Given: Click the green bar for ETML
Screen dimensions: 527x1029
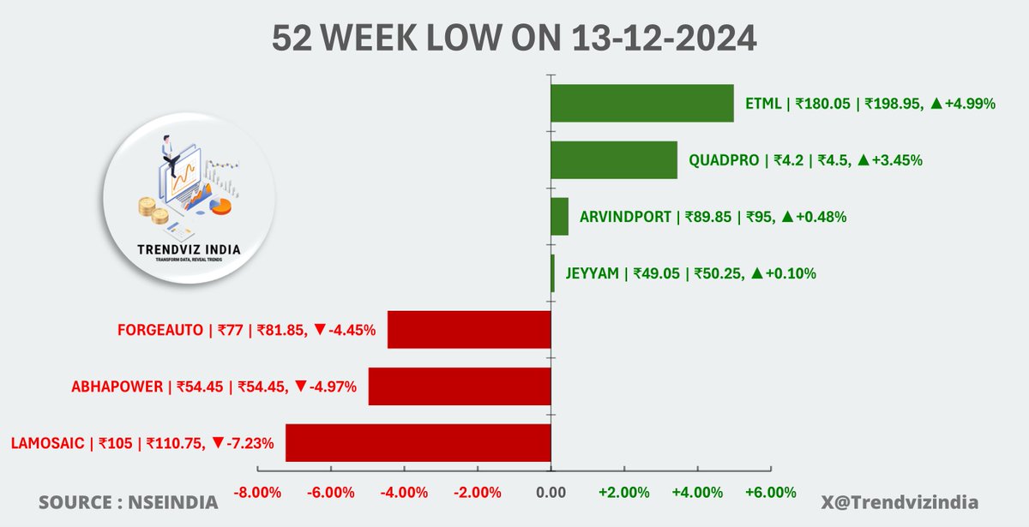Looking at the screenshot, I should point(641,104).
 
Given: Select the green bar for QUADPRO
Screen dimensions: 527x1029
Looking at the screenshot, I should point(613,160).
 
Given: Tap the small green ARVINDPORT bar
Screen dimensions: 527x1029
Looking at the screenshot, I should point(559,217).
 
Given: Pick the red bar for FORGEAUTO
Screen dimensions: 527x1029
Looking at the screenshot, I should point(468,330).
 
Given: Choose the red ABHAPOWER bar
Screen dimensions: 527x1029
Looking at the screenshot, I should point(459,386).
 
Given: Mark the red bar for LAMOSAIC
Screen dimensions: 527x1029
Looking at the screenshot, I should point(418,443).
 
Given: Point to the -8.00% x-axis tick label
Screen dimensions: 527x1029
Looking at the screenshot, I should point(258,493).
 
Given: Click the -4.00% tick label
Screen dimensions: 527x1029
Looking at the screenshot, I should point(405,493).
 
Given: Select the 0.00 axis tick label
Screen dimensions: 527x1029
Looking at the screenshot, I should point(551,493).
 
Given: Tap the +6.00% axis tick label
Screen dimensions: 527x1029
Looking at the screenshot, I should point(769,493).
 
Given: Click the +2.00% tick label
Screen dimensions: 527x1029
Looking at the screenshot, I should point(623,493).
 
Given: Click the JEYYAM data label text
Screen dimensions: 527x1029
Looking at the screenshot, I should point(690,274).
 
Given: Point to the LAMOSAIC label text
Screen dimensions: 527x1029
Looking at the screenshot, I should point(142,443).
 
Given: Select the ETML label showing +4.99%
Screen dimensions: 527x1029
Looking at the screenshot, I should point(870,104).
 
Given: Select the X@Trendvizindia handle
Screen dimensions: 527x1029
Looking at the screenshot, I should point(912,502).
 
